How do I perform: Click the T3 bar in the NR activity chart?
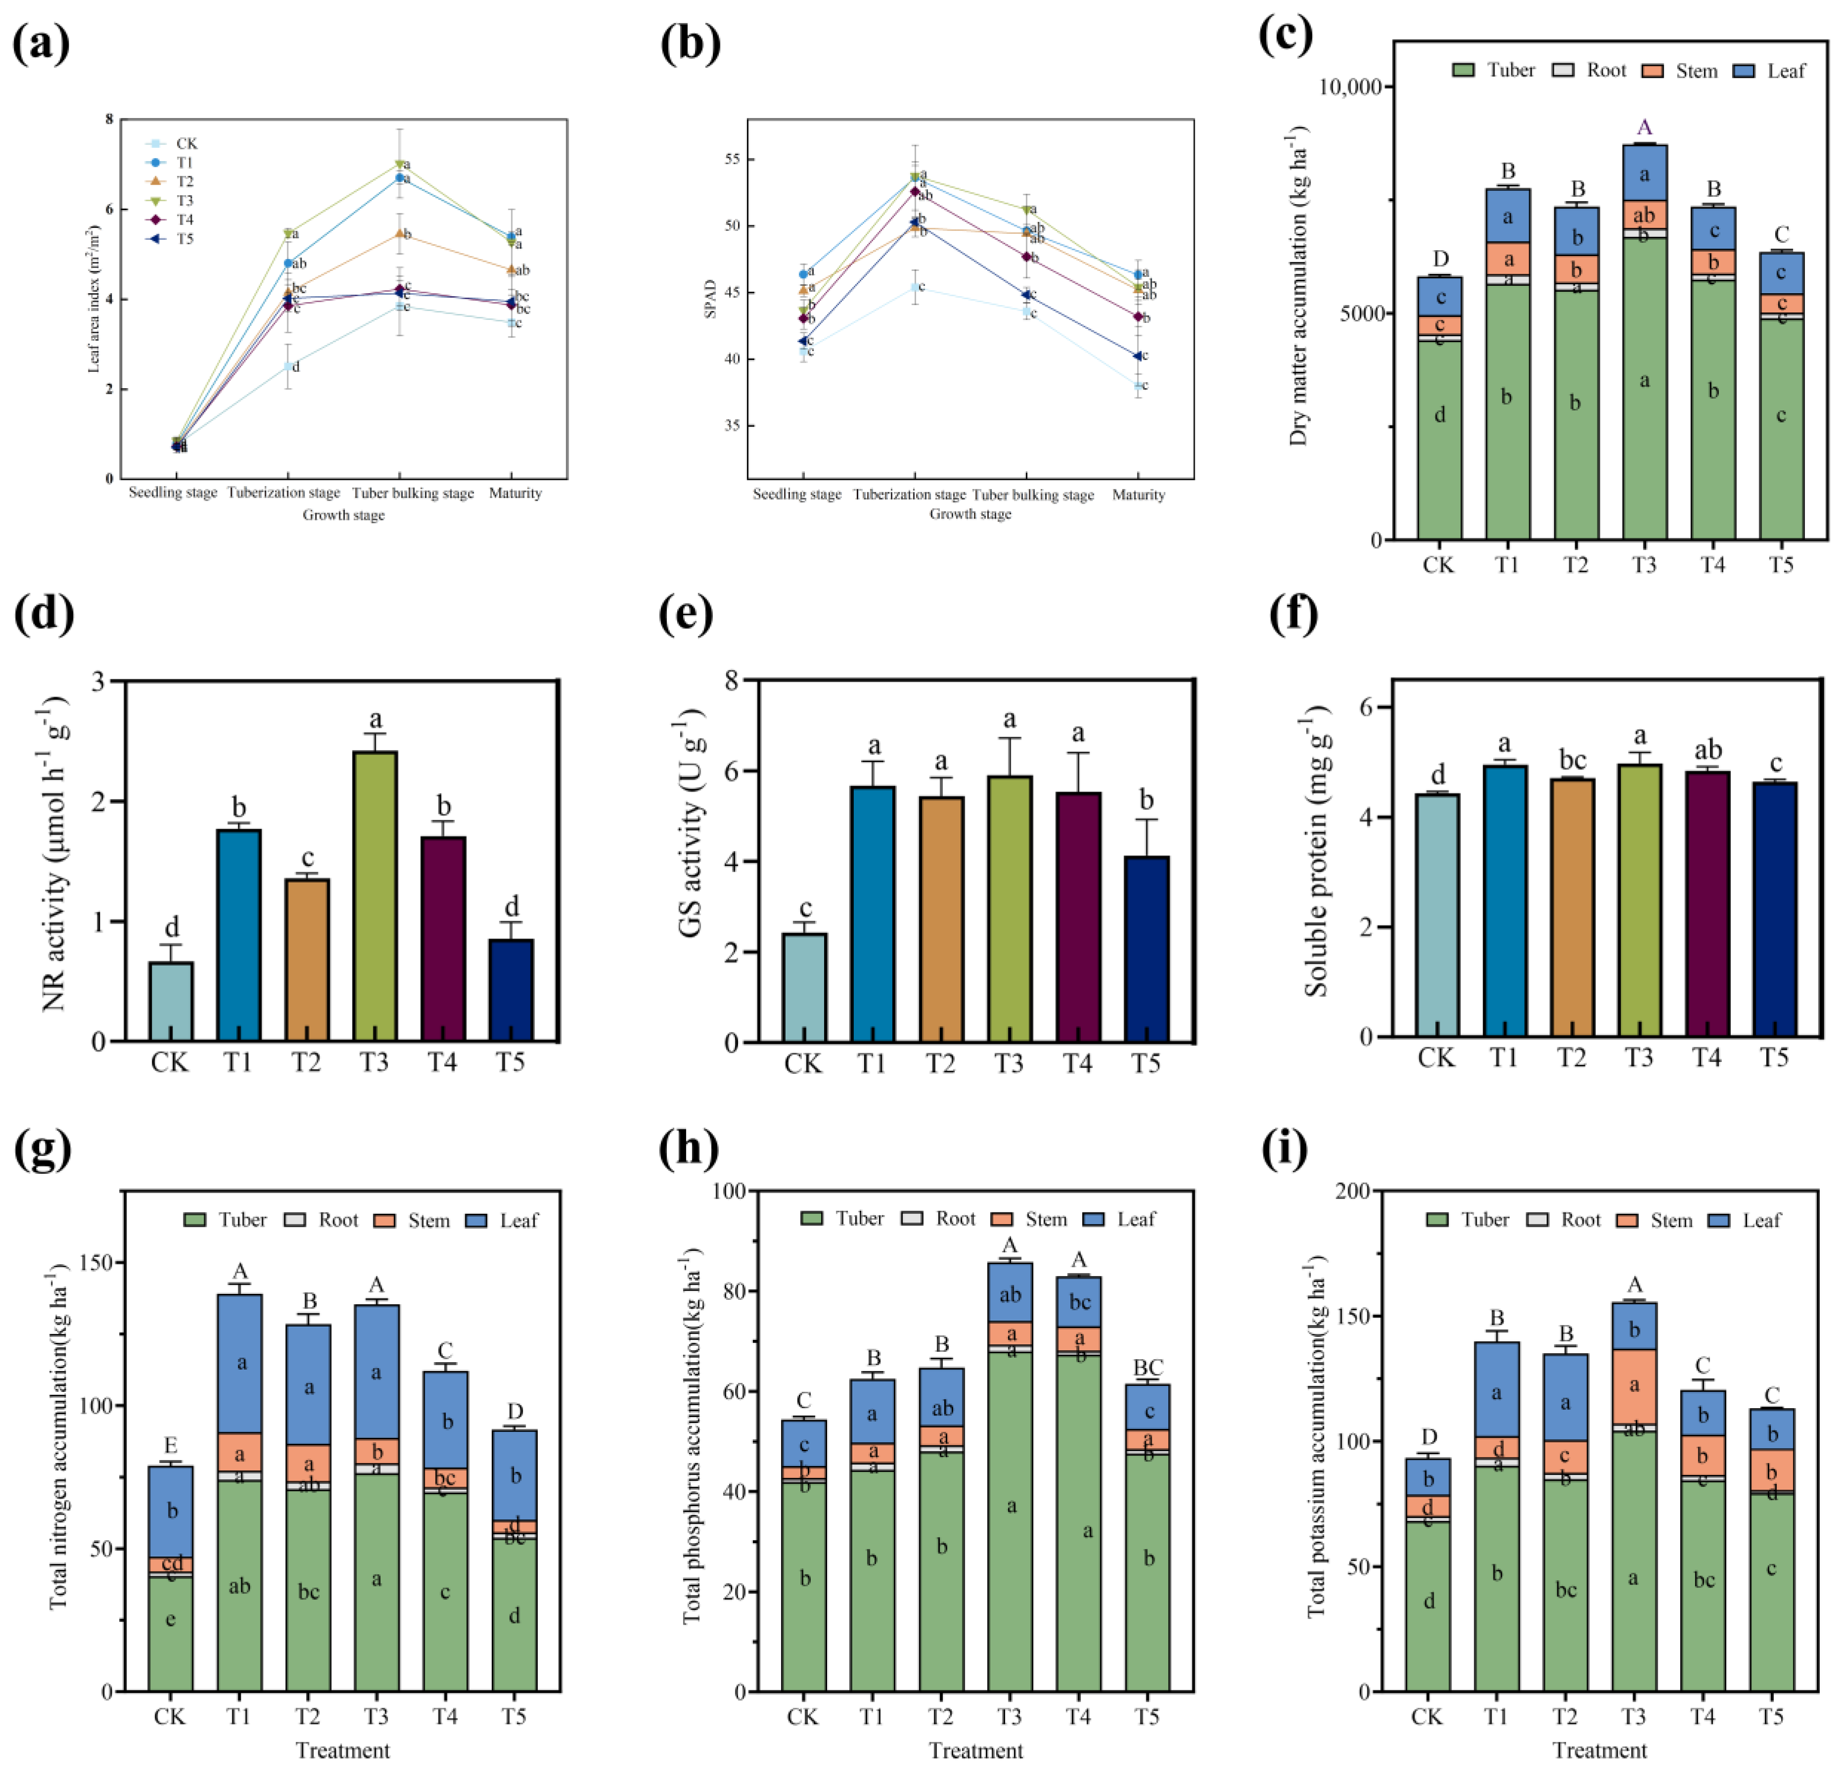pos(375,893)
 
